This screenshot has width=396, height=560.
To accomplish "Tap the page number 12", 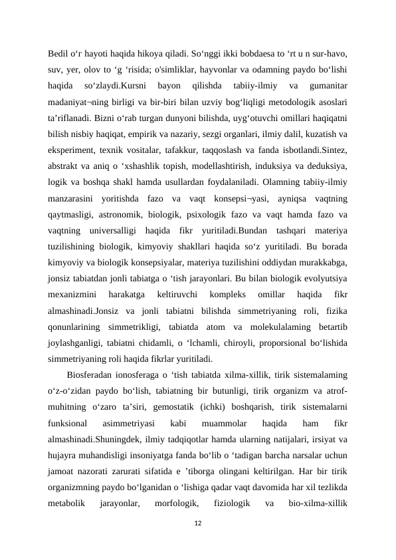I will (x=197, y=524).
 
